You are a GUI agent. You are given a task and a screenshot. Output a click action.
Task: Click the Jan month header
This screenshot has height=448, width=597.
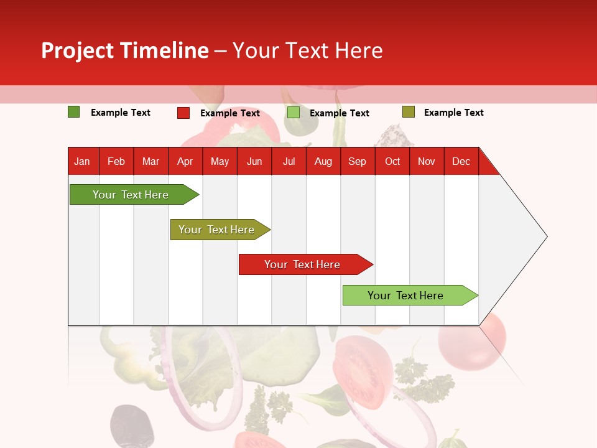[x=82, y=161]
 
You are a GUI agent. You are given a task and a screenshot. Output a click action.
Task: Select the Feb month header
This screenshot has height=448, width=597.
[x=116, y=161]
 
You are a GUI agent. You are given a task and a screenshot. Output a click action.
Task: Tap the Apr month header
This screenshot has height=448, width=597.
[x=185, y=161]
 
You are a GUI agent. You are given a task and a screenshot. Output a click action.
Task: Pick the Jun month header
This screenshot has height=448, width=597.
[x=254, y=161]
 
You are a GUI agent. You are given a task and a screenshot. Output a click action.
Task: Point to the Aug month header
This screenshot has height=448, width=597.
[x=323, y=161]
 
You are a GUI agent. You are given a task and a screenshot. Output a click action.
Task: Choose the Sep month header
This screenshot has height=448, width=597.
[x=357, y=161]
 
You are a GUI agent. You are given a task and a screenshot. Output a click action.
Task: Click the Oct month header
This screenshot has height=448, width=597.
[x=392, y=161]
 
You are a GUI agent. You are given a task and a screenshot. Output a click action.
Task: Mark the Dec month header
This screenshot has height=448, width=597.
[x=461, y=161]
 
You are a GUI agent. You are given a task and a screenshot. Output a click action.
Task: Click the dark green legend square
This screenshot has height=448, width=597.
[x=74, y=112]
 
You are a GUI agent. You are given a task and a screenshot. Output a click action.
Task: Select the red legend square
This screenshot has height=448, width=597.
[x=183, y=113]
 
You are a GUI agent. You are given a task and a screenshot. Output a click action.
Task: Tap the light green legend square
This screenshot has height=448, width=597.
[x=294, y=113]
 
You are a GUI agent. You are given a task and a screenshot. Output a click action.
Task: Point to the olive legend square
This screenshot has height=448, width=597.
[x=408, y=112]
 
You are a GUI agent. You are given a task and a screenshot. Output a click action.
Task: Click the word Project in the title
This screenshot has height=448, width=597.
[x=78, y=50]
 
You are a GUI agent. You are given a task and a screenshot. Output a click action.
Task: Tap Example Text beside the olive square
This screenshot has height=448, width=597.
[x=453, y=113]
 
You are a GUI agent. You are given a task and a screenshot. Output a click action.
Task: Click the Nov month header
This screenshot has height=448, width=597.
[x=427, y=161]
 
